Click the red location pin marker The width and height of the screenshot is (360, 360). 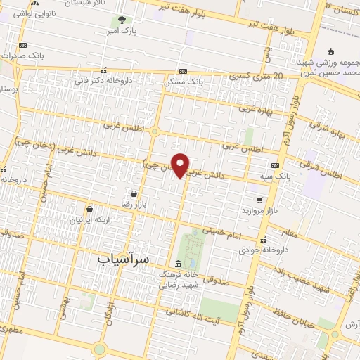(181, 165)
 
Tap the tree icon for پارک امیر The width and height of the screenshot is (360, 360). (122, 20)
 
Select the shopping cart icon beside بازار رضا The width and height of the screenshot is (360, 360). (134, 193)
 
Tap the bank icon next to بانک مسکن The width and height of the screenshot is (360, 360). (183, 71)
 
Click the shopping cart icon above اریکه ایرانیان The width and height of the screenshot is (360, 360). (89, 209)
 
